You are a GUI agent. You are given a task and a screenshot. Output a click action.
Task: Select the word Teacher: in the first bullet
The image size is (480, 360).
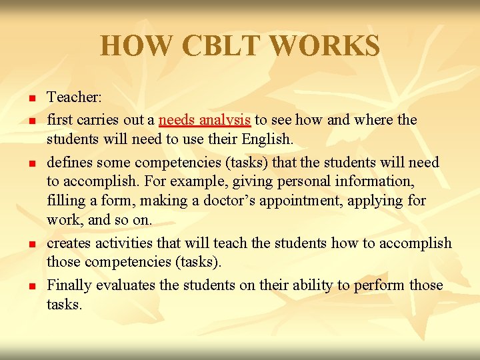click(74, 97)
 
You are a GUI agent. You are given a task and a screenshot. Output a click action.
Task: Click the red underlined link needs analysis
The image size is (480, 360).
click(205, 120)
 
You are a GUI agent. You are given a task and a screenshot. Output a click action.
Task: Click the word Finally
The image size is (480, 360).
click(69, 285)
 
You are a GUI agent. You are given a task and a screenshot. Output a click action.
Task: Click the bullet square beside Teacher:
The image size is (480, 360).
click(31, 99)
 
